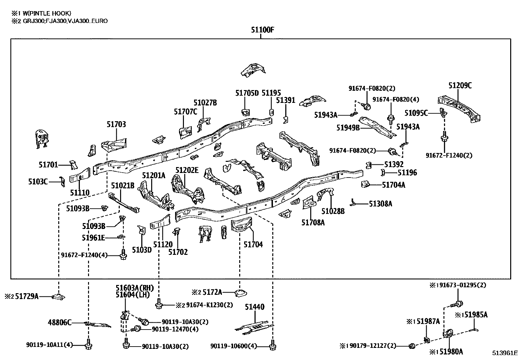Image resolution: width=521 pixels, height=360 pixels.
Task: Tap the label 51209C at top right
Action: tap(460, 85)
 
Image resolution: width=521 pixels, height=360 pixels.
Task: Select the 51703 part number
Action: tap(116, 124)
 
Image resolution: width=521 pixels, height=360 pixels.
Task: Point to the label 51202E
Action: tap(187, 170)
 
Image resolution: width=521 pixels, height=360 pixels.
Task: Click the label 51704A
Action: tap(393, 185)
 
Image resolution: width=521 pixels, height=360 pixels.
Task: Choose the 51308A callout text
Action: tap(380, 204)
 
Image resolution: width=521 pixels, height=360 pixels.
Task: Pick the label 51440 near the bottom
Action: tap(255, 307)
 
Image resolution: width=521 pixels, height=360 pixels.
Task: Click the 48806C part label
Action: tap(60, 323)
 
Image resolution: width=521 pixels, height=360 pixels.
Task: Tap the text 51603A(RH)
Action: tap(135, 288)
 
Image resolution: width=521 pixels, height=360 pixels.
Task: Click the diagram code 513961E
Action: tap(505, 353)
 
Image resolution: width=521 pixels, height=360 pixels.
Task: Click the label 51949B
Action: tap(348, 127)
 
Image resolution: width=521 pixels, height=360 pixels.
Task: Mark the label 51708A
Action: tap(313, 223)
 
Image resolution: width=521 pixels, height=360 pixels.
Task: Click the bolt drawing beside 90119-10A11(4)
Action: tap(89, 345)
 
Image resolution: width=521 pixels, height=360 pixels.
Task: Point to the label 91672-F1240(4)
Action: tap(84, 255)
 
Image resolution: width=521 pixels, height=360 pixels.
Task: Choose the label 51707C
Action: tap(185, 112)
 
